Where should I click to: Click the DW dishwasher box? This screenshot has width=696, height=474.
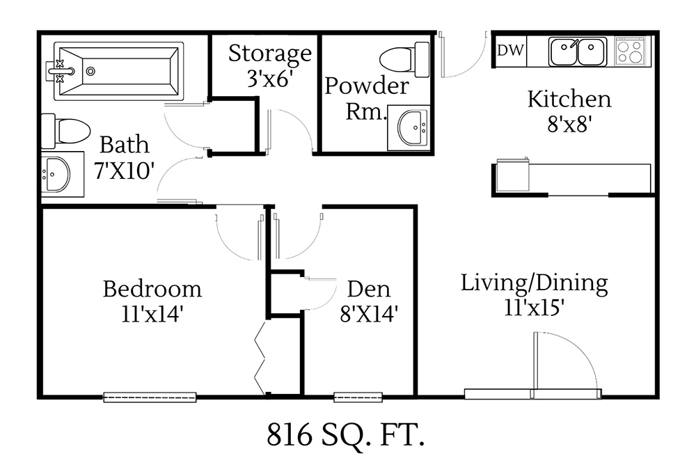[x=511, y=51]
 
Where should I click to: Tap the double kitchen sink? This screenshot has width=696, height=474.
[x=577, y=52]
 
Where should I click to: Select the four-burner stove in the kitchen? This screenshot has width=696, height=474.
[x=631, y=51]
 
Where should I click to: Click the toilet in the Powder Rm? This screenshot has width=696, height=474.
[x=405, y=59]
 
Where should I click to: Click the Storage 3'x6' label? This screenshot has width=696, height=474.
[x=269, y=65]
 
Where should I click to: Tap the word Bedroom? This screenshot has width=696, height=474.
[x=152, y=288]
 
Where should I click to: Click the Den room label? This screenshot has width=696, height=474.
[x=368, y=288]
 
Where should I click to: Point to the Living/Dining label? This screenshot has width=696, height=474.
[x=535, y=283]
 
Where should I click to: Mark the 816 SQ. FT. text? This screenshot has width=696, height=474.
[x=345, y=436]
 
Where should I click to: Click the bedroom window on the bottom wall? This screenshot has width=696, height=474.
[x=150, y=397]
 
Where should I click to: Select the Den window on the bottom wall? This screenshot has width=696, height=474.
[x=358, y=397]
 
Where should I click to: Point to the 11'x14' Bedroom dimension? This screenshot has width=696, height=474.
[x=152, y=314]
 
